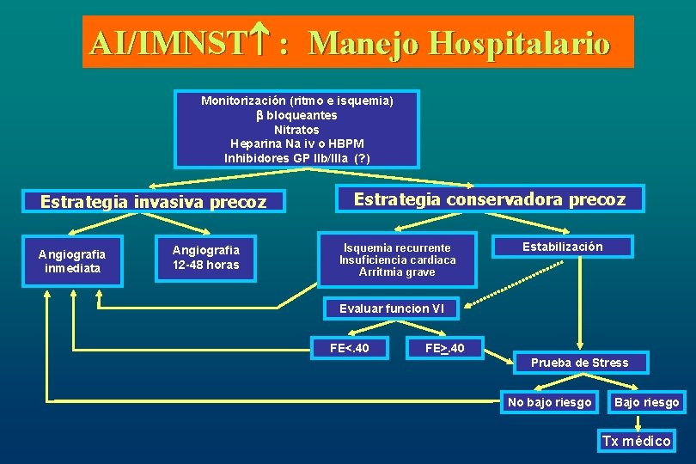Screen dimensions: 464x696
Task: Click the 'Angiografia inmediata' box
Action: point(72,261)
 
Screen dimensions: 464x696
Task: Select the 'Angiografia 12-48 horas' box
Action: point(206,257)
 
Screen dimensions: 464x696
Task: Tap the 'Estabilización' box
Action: point(563,247)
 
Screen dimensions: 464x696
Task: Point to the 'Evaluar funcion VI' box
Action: point(392,308)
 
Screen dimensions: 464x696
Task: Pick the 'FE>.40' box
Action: point(445,348)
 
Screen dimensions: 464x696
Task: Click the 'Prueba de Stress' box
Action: point(579,363)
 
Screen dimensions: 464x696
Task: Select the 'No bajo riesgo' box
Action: point(550,402)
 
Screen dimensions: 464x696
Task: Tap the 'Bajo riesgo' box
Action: point(646,402)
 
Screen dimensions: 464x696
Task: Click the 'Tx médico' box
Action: point(637,441)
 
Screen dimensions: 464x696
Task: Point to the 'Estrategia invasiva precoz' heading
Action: point(154,203)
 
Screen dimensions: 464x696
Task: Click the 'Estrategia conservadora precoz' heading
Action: point(490,199)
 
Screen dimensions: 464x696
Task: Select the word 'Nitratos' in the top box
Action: point(296,130)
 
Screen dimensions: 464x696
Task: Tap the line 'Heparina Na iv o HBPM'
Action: point(296,143)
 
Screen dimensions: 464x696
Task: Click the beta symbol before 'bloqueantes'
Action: point(259,115)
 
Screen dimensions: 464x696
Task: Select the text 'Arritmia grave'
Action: point(398,272)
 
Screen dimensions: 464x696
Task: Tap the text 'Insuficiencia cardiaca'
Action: point(398,260)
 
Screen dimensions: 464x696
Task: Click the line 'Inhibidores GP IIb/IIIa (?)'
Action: point(296,158)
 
